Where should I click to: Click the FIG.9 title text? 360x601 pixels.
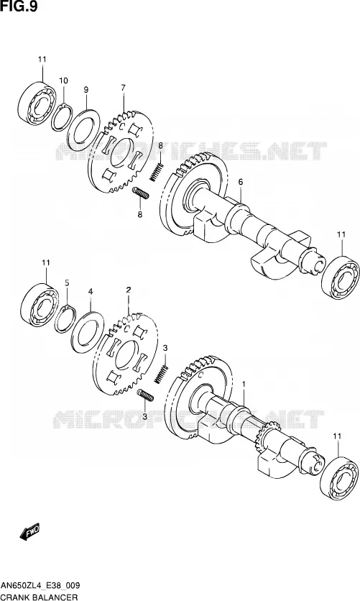(x=19, y=6)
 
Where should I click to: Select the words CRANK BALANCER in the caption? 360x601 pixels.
(x=40, y=597)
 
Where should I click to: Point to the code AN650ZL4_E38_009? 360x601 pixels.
(x=40, y=585)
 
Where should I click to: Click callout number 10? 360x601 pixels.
(x=63, y=81)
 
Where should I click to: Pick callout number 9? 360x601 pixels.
(x=86, y=90)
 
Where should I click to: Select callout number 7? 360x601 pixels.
(x=123, y=88)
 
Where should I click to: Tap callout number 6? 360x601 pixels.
(x=241, y=182)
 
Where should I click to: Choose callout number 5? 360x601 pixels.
(x=67, y=283)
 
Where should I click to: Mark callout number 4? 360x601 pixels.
(x=91, y=291)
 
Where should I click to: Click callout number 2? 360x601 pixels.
(x=129, y=290)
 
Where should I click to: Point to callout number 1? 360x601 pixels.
(x=244, y=384)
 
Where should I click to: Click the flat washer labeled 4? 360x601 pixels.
(x=73, y=333)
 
